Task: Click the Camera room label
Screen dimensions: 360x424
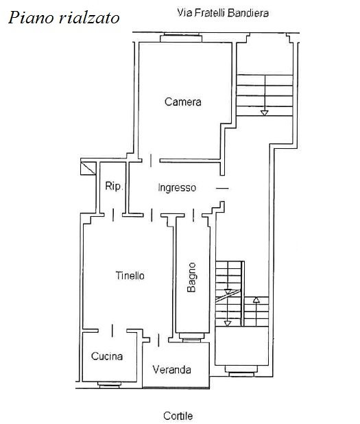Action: (x=183, y=102)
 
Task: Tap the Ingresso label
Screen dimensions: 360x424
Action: (x=177, y=188)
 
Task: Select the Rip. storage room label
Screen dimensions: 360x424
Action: (x=114, y=186)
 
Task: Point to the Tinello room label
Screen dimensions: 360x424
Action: (x=130, y=276)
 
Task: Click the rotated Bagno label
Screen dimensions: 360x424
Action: (x=191, y=277)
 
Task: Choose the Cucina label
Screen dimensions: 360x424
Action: (x=107, y=356)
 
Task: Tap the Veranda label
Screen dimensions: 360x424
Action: (x=171, y=370)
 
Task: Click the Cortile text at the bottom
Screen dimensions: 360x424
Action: (x=178, y=416)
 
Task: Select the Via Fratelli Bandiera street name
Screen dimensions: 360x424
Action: (x=223, y=13)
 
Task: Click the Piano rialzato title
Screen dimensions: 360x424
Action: (x=64, y=18)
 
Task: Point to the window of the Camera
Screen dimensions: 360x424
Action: (x=181, y=38)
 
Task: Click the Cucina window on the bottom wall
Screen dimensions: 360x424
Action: (x=110, y=384)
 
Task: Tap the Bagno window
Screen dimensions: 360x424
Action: (x=191, y=338)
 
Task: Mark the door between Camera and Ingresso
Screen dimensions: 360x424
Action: (x=151, y=161)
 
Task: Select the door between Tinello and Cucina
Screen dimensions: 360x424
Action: (x=112, y=331)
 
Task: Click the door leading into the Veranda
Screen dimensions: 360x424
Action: (x=158, y=340)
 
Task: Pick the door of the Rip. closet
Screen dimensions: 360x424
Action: (x=113, y=215)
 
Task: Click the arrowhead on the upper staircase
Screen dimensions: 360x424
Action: (x=264, y=113)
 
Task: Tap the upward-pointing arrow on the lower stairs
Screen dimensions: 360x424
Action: (x=256, y=300)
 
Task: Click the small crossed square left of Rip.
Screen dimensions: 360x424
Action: (x=88, y=168)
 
